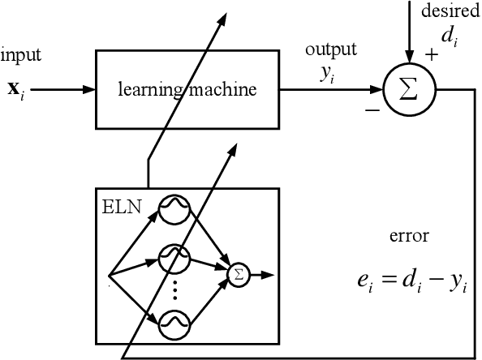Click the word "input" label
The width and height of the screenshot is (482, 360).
(x=20, y=56)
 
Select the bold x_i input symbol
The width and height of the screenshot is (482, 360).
(x=16, y=88)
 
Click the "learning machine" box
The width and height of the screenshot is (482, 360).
(x=188, y=88)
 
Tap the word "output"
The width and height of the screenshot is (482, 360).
(x=330, y=49)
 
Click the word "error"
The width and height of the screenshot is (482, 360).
(x=409, y=237)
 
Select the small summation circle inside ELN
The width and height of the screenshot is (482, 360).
(x=238, y=275)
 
